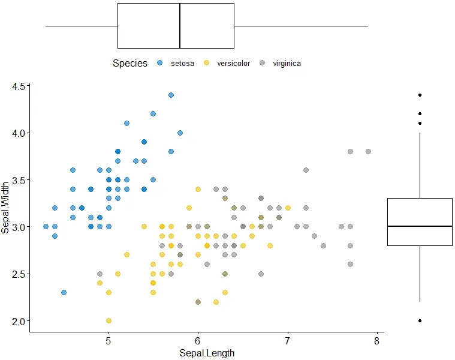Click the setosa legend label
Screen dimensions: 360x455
182,64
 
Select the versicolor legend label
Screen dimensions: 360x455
233,64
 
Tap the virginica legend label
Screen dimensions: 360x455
287,64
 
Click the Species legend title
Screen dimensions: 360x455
130,64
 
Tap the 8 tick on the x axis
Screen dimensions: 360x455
376,341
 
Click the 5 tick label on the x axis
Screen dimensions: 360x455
109,341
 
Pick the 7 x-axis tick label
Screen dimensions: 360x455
287,341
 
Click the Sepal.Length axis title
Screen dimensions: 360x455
207,353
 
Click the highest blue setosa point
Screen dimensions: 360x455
171,95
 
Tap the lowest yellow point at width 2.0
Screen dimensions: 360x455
109,320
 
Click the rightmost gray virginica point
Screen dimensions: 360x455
368,151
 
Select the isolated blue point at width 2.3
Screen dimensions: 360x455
64,292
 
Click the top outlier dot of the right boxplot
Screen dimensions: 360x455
420,95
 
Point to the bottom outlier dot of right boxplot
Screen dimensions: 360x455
420,320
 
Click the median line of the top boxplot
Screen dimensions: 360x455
180,26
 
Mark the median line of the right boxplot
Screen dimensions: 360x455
420,226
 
